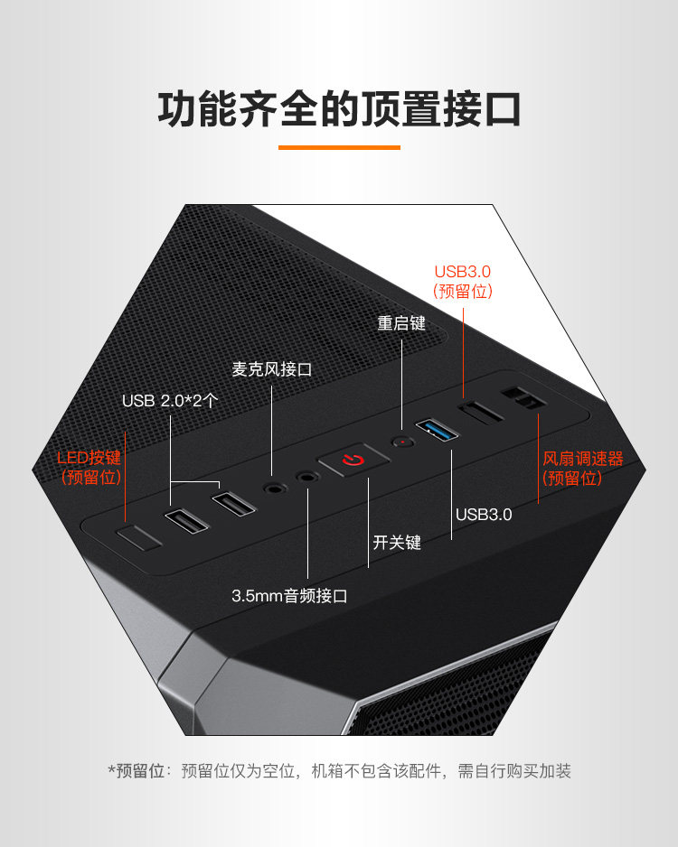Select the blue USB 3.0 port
click(x=438, y=429)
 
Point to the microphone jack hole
click(x=272, y=488)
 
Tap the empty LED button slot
click(x=139, y=538)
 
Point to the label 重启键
click(x=401, y=322)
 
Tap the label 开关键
click(x=397, y=543)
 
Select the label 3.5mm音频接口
click(x=289, y=596)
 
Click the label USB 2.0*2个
click(x=170, y=400)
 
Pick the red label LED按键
click(x=89, y=458)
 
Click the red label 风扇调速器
click(x=583, y=459)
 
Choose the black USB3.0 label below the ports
click(x=484, y=515)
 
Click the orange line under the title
click(x=339, y=146)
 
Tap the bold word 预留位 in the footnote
click(x=142, y=771)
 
